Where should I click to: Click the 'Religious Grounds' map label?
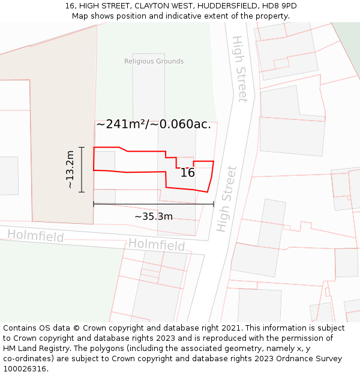point(154,61)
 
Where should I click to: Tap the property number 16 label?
point(187,173)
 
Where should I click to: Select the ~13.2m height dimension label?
point(70,170)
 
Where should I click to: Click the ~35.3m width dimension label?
point(153,217)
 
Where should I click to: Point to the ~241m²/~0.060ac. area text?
point(154,124)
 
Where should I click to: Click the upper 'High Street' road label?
point(239,69)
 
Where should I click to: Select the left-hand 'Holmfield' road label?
point(35,236)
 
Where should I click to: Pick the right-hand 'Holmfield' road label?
point(156,245)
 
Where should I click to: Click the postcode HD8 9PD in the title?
point(280,6)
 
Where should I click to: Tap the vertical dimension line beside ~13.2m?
point(82,169)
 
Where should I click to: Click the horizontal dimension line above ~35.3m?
point(154,204)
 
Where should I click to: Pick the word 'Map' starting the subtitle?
point(80,16)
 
